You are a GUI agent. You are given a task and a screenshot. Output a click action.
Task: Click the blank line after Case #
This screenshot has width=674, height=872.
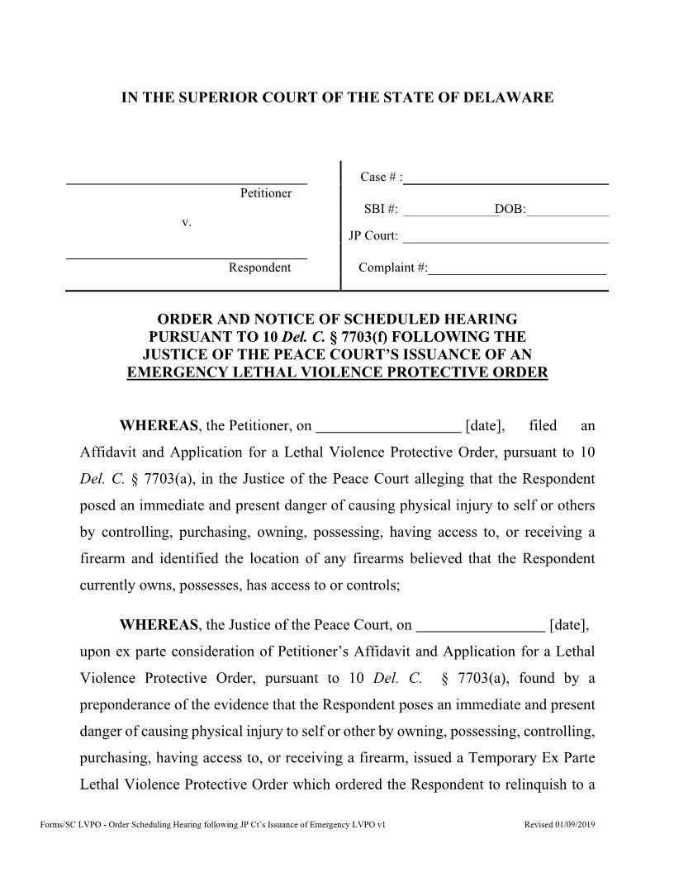click(507, 178)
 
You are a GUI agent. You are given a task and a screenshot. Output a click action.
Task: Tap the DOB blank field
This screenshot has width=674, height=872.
click(567, 211)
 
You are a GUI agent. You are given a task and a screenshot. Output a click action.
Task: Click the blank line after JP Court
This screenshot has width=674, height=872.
click(505, 238)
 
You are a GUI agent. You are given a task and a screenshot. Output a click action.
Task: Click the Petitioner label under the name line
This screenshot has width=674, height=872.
click(266, 193)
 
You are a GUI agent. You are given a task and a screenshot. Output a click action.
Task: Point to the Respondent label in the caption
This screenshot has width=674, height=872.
click(259, 268)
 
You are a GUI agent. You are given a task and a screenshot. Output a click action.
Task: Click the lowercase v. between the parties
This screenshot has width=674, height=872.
click(186, 223)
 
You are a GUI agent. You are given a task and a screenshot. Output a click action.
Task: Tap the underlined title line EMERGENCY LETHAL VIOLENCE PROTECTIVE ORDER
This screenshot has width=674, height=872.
click(337, 372)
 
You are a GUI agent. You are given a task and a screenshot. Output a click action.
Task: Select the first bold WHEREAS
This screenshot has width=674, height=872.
click(159, 426)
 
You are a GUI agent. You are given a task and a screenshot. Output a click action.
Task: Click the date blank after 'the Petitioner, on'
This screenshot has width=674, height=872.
click(388, 427)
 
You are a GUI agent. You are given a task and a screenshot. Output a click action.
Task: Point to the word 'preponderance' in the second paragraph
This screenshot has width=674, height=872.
click(122, 705)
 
